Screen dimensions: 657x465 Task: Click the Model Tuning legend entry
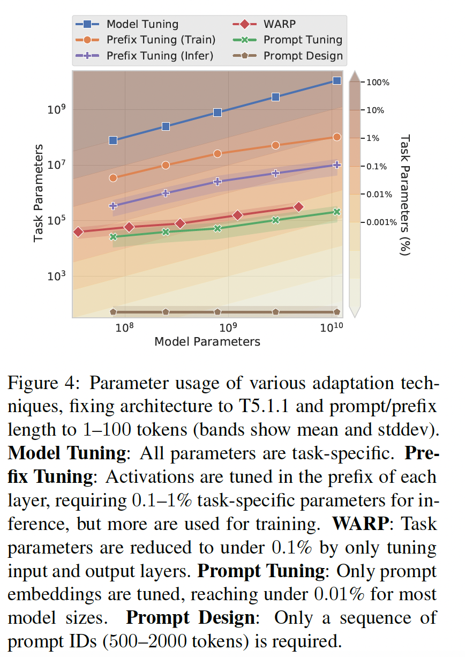(x=142, y=24)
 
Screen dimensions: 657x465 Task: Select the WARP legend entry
(x=279, y=24)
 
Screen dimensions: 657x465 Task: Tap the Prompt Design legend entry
(x=303, y=56)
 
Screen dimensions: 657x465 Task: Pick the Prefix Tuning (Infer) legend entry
(x=160, y=56)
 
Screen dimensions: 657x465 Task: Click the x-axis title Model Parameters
(x=207, y=342)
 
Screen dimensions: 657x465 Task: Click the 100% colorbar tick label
(x=379, y=83)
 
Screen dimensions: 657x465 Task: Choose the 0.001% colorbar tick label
(x=381, y=222)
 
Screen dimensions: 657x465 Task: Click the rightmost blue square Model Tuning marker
(x=337, y=80)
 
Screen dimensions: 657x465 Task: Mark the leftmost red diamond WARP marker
(x=78, y=232)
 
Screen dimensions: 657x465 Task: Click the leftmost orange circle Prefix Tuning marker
(x=113, y=178)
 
